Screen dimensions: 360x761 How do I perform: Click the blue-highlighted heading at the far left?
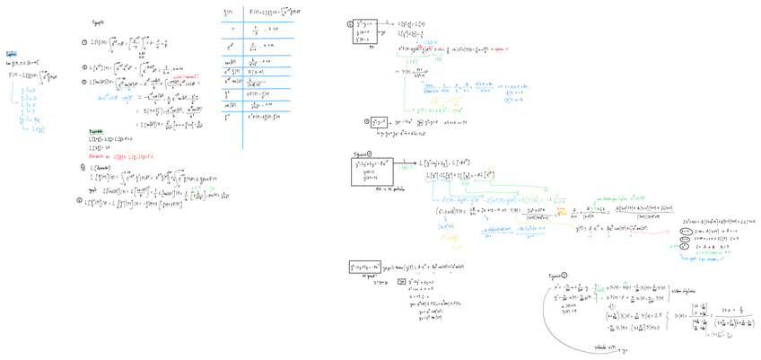[11, 54]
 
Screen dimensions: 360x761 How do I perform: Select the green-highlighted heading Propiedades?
[95, 130]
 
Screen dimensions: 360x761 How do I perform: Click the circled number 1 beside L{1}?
[83, 42]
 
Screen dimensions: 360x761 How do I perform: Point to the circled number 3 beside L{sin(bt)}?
[83, 82]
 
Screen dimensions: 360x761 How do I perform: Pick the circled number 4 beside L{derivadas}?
[83, 167]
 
